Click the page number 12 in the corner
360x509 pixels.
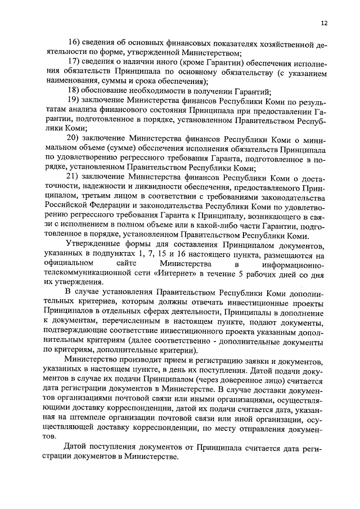pyautogui.click(x=324, y=23)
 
